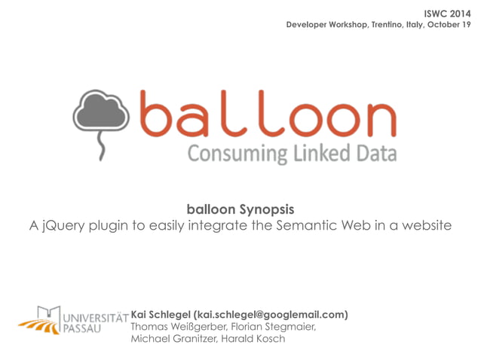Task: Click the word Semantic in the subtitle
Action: coord(287,225)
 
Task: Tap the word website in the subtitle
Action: coord(424,225)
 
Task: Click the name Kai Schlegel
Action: coord(161,314)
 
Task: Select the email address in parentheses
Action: coord(271,314)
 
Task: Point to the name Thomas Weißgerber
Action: coord(171,326)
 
